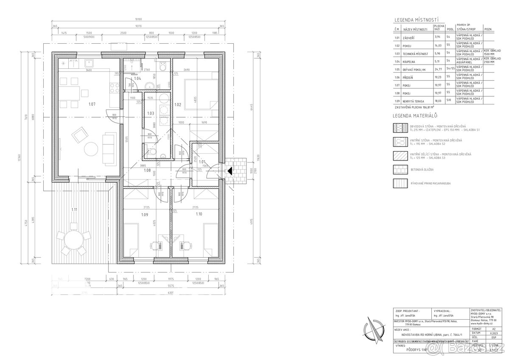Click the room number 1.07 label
click(92, 104)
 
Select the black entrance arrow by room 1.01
click(229, 172)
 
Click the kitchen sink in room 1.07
click(89, 63)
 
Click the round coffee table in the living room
click(91, 149)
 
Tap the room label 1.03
click(150, 113)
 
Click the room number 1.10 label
click(199, 214)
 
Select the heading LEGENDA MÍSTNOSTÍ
click(416, 20)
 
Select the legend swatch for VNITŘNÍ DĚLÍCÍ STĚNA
click(401, 156)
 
